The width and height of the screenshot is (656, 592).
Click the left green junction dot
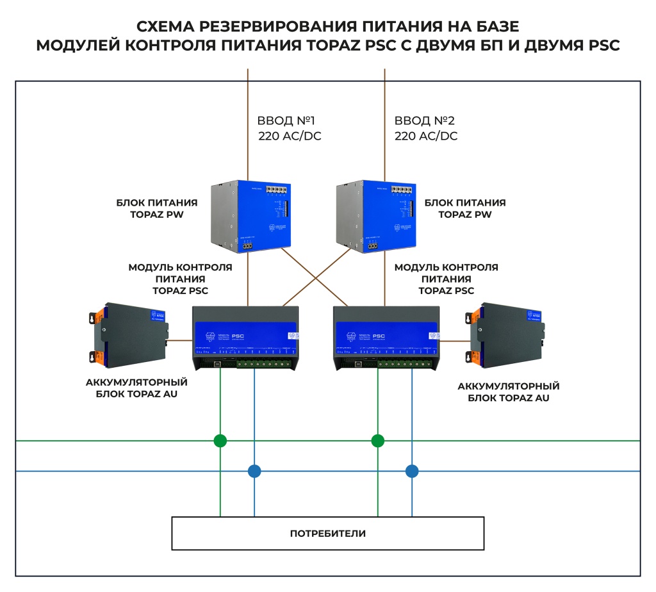[x=220, y=441]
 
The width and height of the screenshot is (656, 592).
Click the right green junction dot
[x=378, y=441]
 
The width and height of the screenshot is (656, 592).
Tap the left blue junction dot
[x=254, y=472]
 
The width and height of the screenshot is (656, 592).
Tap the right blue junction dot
[x=412, y=472]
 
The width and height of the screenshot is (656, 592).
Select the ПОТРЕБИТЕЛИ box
[x=327, y=533]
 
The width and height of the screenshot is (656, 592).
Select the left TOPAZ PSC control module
[x=246, y=337]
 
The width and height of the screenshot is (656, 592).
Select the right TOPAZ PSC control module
[x=387, y=337]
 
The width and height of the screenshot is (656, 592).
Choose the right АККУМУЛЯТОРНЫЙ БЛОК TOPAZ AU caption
[x=509, y=392]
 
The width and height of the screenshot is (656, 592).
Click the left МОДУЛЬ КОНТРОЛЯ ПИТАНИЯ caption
[x=180, y=279]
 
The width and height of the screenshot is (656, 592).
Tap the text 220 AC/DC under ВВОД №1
[x=290, y=136]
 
